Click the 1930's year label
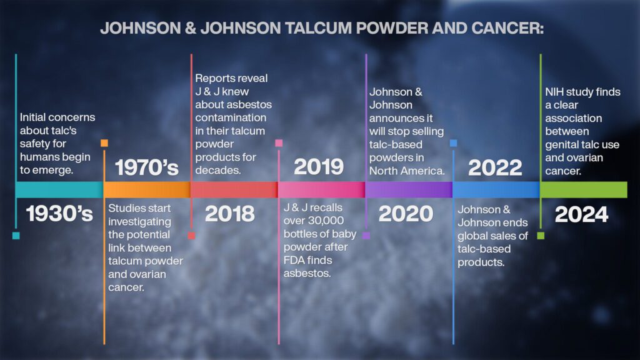click(x=59, y=214)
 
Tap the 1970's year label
click(x=147, y=167)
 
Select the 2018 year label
click(x=230, y=214)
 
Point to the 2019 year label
click(x=319, y=167)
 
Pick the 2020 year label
click(x=406, y=214)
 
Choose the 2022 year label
click(x=495, y=167)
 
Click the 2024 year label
click(x=582, y=214)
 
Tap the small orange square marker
click(x=104, y=143)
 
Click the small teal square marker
click(x=16, y=236)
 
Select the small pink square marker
click(x=279, y=143)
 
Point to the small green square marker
click(x=541, y=236)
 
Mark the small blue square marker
click(x=454, y=143)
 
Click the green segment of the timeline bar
click(x=584, y=190)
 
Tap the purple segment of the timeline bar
click(x=409, y=190)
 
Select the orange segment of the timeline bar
click(x=147, y=190)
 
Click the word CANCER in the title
click(x=507, y=28)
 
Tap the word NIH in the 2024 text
click(x=554, y=92)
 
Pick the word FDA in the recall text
click(x=294, y=260)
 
